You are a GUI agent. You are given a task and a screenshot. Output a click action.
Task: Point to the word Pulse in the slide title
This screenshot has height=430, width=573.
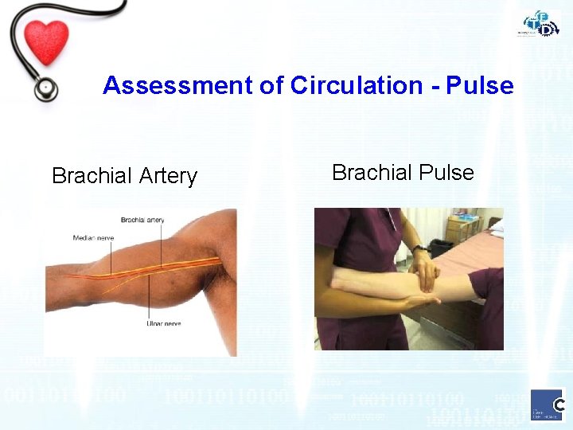click(x=479, y=85)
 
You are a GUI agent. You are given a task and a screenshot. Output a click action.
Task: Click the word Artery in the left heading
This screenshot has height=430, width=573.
click(x=170, y=176)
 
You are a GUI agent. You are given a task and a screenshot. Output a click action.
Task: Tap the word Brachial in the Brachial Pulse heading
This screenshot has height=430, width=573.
click(x=368, y=173)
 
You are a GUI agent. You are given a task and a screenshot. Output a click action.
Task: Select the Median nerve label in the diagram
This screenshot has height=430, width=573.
click(x=93, y=237)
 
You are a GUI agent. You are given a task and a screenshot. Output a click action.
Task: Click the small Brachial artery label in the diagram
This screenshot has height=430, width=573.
click(x=143, y=219)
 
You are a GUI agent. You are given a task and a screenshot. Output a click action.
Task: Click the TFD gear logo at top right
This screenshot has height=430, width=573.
click(x=541, y=23)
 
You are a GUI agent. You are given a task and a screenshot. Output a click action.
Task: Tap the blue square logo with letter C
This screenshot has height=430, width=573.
click(x=548, y=404)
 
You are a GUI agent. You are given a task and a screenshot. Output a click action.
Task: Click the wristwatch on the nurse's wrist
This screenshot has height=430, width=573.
click(x=419, y=248)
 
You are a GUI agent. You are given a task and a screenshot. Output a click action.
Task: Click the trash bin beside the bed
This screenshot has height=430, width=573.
click(x=440, y=246)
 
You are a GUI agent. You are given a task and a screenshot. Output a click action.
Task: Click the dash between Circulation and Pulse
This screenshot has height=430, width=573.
click(x=433, y=86)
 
